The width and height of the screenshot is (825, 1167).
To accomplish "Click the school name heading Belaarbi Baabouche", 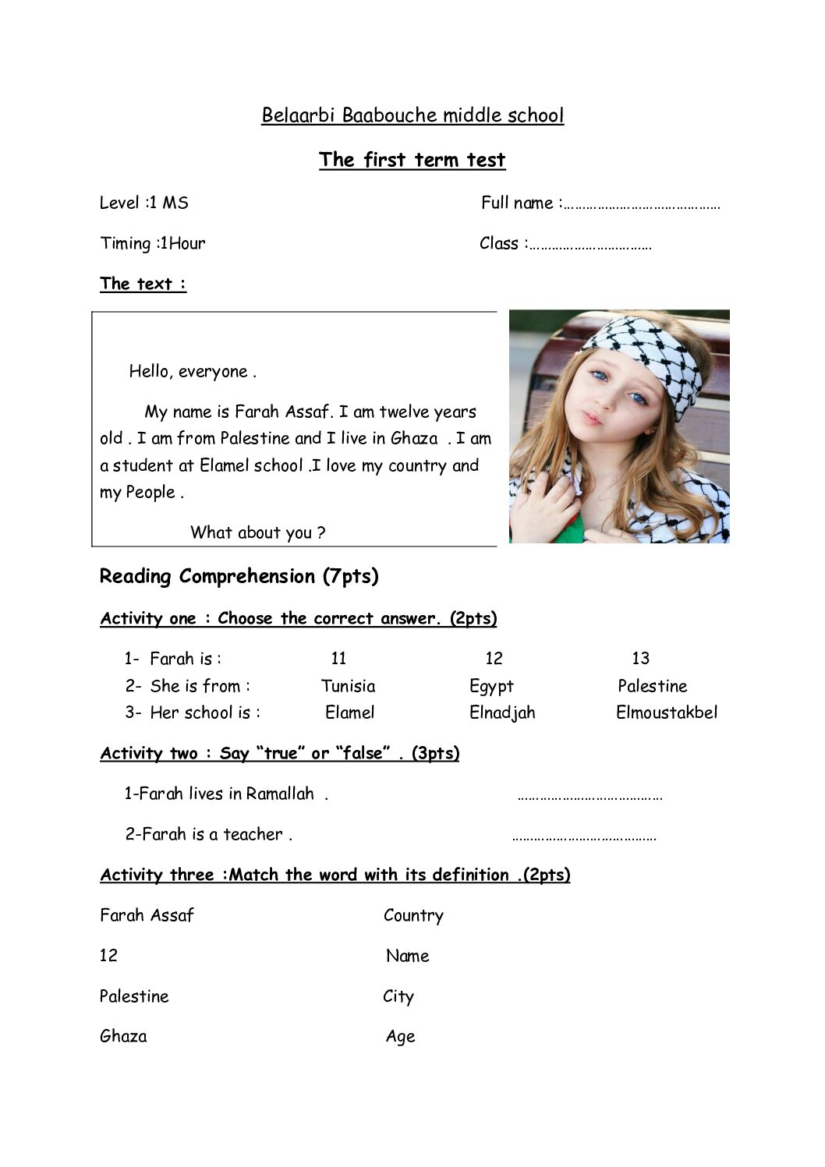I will (x=412, y=115).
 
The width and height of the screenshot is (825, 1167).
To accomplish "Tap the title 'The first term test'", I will (x=412, y=160).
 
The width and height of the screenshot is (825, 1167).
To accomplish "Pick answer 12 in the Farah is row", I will (x=494, y=659).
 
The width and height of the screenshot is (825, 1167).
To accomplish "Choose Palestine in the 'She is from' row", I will (x=652, y=686).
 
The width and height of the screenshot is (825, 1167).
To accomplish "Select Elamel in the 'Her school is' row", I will (x=349, y=713).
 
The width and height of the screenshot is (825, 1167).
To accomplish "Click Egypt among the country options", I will (x=491, y=686).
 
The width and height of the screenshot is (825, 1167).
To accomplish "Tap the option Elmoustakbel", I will (x=666, y=713).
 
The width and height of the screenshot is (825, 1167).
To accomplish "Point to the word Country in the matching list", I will (x=413, y=915).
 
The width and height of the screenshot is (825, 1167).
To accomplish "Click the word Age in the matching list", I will (x=400, y=1037).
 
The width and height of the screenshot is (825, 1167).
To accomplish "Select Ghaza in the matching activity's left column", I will (x=123, y=1037).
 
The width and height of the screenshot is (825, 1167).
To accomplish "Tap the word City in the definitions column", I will (x=398, y=996).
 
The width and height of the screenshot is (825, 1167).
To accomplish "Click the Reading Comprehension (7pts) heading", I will (x=239, y=576).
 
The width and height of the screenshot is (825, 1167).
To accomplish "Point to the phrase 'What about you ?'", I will (x=257, y=532).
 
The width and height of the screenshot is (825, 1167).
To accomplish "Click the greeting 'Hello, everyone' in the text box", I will (x=193, y=371).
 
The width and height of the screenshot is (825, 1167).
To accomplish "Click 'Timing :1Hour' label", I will (x=153, y=243).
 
